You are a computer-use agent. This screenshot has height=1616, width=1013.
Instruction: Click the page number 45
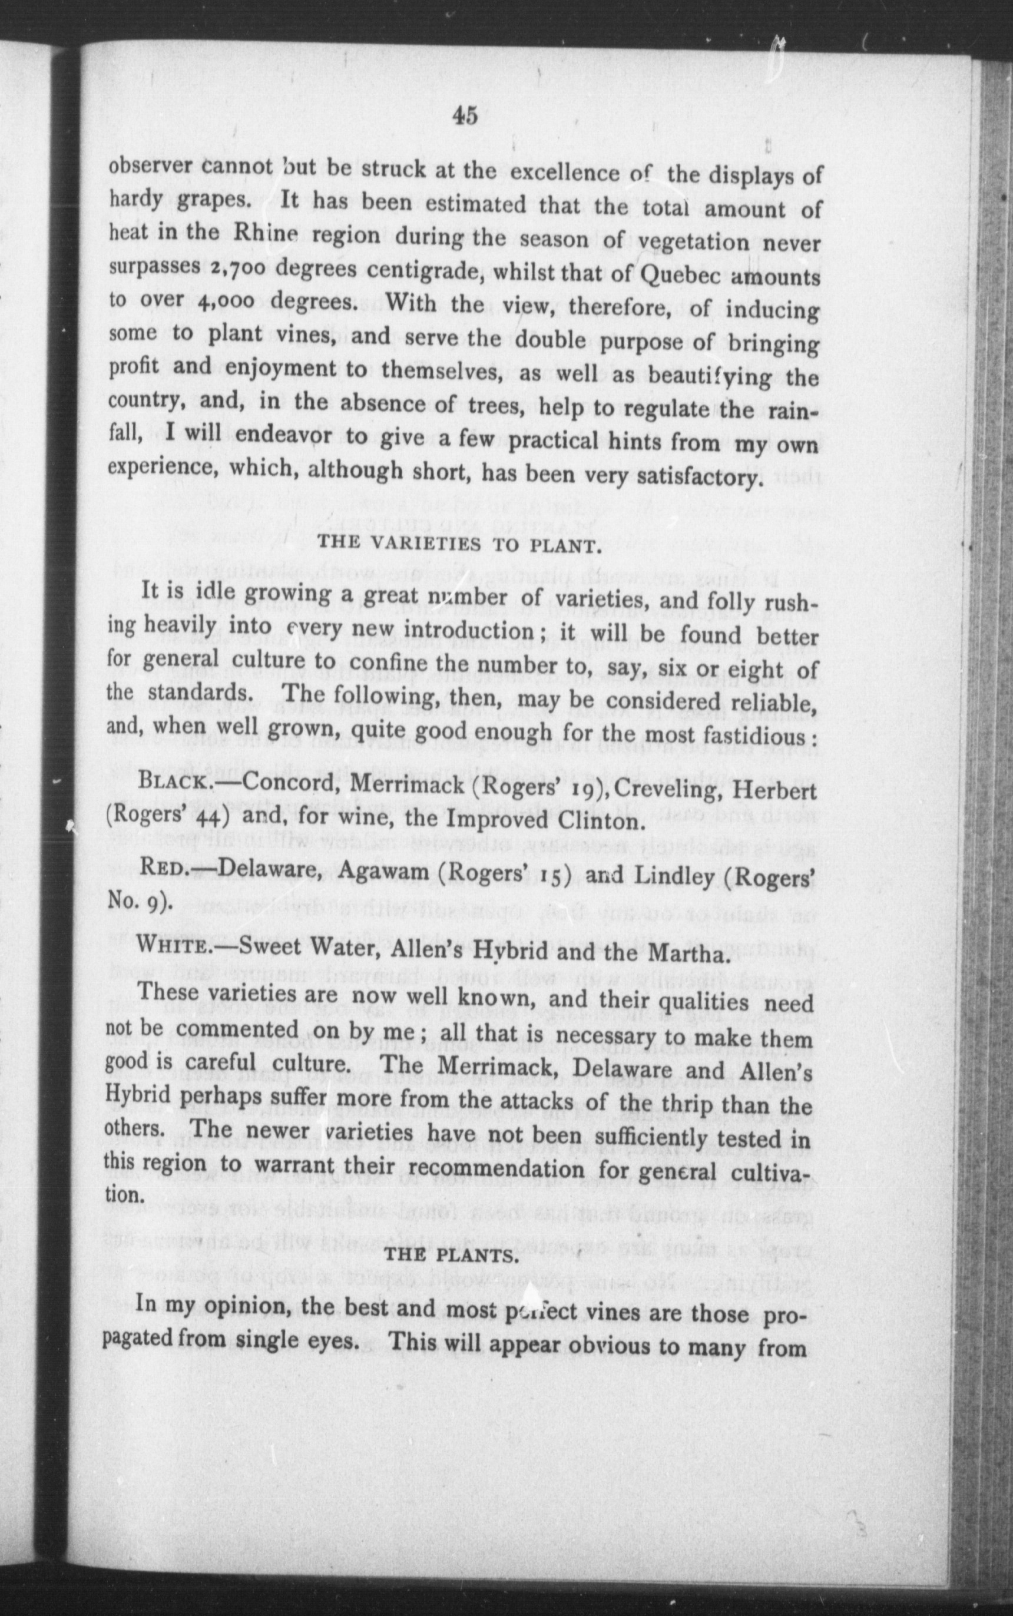pos(465,115)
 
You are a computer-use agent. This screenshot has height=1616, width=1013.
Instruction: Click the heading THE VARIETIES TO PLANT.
pos(457,544)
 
